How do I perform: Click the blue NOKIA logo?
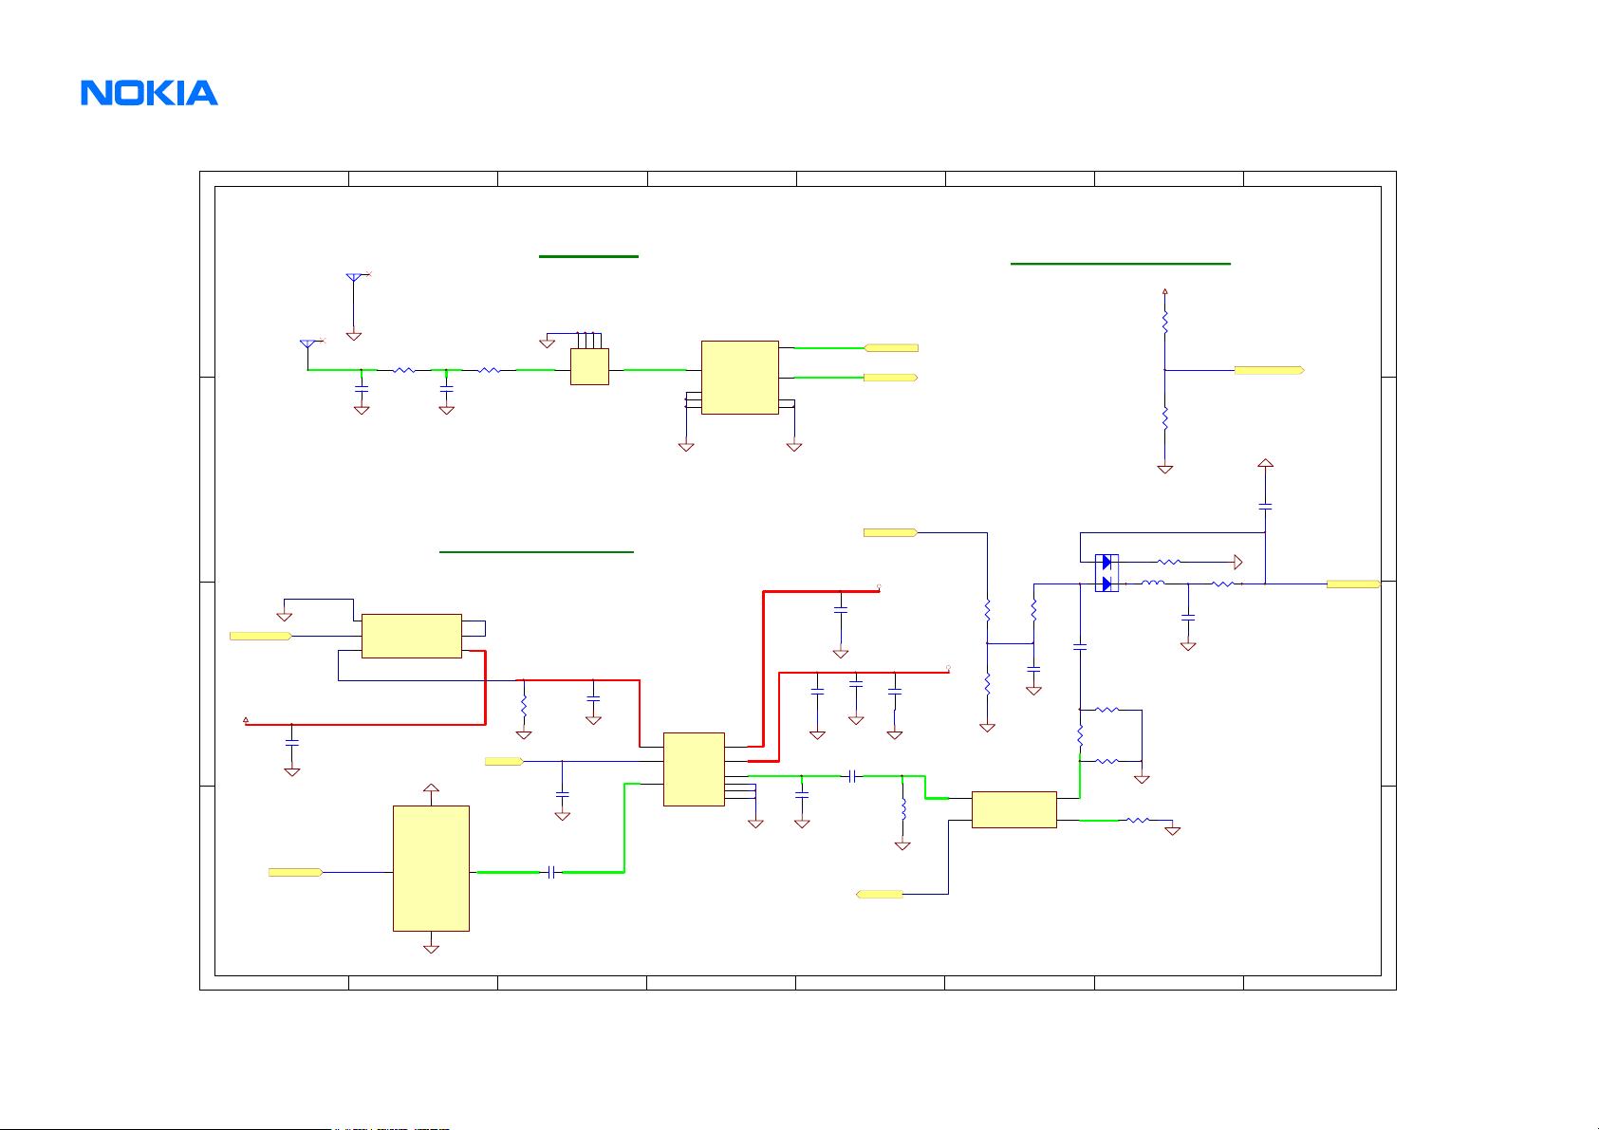(x=149, y=93)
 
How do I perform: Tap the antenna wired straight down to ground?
(x=354, y=279)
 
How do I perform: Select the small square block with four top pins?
(x=589, y=366)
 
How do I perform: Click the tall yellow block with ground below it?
(x=431, y=868)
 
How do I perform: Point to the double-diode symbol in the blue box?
(x=1106, y=573)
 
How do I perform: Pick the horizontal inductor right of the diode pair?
(x=1153, y=584)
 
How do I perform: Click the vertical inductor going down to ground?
(x=902, y=809)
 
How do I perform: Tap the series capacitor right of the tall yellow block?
(x=551, y=872)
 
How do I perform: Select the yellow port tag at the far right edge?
(x=1352, y=584)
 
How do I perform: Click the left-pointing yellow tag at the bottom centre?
(x=880, y=894)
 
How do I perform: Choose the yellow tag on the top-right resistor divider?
(x=1269, y=370)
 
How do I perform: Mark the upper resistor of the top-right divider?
(x=1165, y=322)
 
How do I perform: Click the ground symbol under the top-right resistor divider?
(x=1165, y=469)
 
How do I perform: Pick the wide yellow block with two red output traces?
(x=412, y=636)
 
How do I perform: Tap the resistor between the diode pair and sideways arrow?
(x=1170, y=562)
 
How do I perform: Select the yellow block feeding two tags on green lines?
(x=739, y=377)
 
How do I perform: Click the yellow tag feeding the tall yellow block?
(x=295, y=872)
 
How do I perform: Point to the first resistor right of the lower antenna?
(x=404, y=370)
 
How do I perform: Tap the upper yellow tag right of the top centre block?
(x=891, y=348)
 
